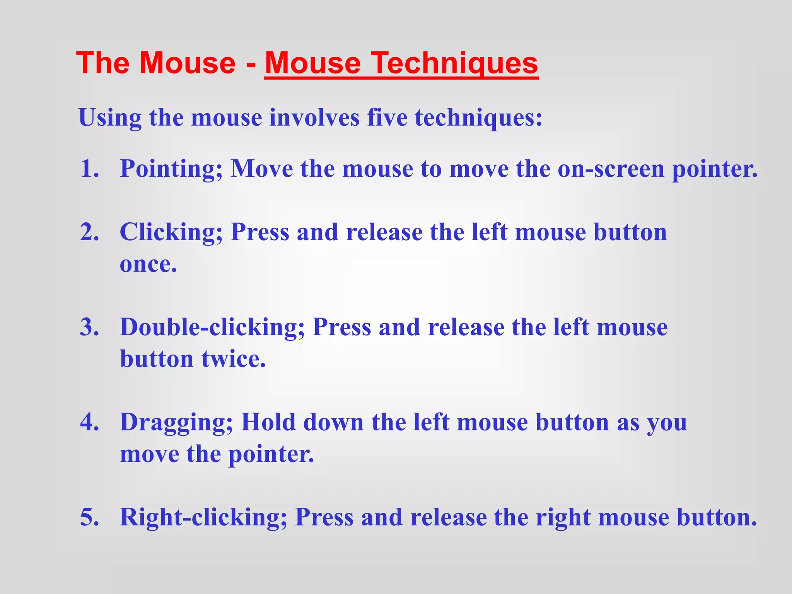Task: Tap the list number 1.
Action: tap(89, 169)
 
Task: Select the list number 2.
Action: tap(89, 232)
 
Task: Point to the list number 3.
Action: tap(89, 327)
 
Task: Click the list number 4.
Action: tap(89, 422)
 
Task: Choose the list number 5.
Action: tap(89, 517)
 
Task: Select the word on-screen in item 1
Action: tap(611, 169)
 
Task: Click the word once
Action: tap(148, 265)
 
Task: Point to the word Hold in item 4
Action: tap(268, 422)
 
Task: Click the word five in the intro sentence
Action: tap(387, 117)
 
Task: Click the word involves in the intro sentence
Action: tap(314, 117)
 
